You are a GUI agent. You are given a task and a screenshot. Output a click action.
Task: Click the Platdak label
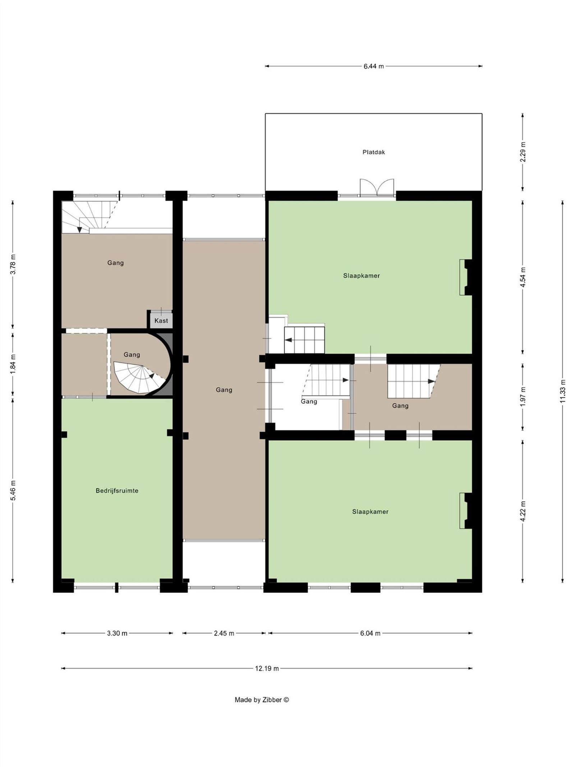pos(373,152)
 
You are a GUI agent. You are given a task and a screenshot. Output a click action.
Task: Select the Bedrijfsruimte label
pos(117,490)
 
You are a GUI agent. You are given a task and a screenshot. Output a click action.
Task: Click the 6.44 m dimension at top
pos(373,66)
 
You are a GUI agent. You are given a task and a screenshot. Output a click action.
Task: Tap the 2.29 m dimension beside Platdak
pos(523,152)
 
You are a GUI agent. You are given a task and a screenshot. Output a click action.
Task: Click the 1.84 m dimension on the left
pos(13,364)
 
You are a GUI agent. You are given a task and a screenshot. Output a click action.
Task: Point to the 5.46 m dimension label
pos(13,490)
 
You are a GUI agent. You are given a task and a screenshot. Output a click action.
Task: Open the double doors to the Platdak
pos(377,188)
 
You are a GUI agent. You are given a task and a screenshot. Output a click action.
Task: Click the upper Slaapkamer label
pos(361,276)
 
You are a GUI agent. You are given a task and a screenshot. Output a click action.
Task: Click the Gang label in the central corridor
pos(224,390)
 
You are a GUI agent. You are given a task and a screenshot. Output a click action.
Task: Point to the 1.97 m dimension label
pos(523,397)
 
